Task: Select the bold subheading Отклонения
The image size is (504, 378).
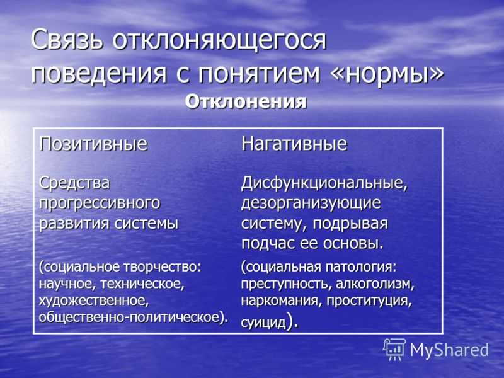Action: (x=246, y=102)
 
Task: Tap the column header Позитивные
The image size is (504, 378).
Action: (x=93, y=144)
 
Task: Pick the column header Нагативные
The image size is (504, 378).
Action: (x=294, y=144)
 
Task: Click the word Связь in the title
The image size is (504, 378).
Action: (x=67, y=40)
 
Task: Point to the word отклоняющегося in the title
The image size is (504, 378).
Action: (x=219, y=41)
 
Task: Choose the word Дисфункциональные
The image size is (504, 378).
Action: (x=324, y=183)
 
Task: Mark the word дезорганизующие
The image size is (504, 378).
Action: (x=311, y=203)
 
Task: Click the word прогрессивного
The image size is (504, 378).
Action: (x=100, y=203)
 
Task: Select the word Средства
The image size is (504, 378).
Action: (x=74, y=183)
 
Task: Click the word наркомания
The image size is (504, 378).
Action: (x=282, y=301)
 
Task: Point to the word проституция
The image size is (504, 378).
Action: (x=369, y=302)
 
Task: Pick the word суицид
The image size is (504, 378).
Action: (x=263, y=323)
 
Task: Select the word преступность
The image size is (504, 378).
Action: (x=287, y=285)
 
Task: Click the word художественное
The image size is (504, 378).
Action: (x=94, y=301)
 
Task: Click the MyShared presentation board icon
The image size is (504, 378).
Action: (x=394, y=350)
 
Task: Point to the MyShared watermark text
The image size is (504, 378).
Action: (x=449, y=350)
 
